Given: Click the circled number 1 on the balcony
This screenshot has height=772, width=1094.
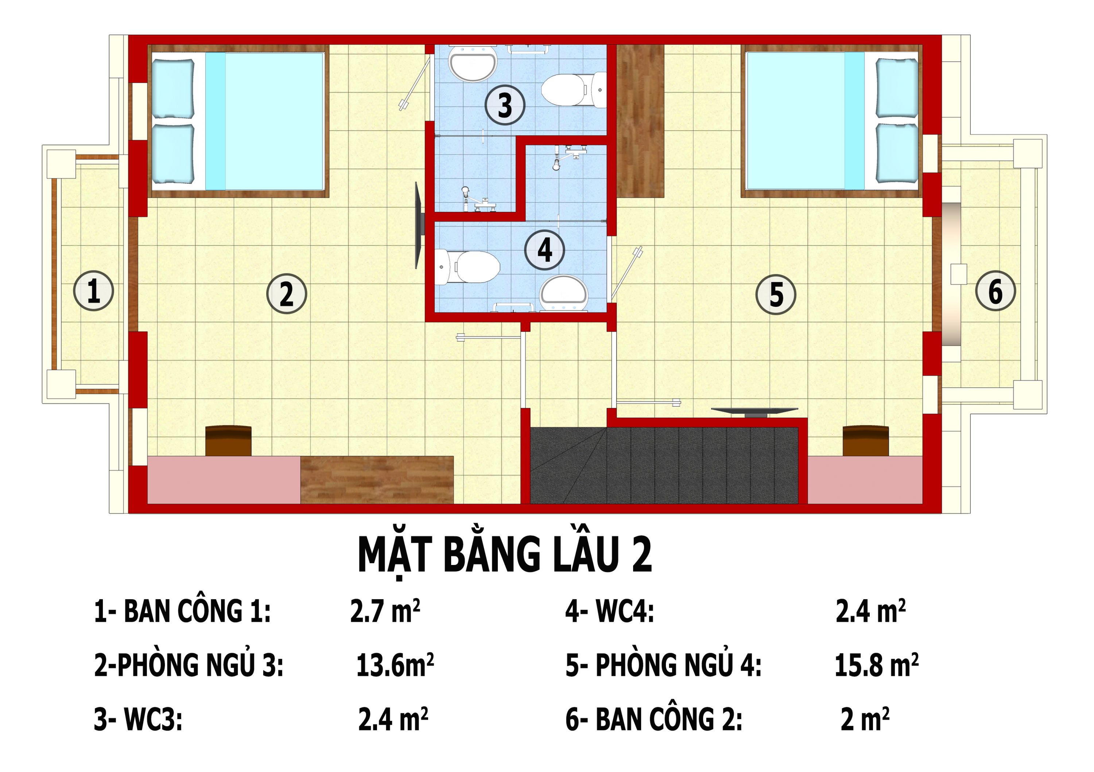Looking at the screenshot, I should pyautogui.click(x=93, y=291).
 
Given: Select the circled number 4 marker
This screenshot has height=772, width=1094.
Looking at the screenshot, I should pyautogui.click(x=544, y=250).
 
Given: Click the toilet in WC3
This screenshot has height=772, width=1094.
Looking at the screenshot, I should pyautogui.click(x=569, y=90).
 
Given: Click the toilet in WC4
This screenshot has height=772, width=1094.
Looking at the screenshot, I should pyautogui.click(x=469, y=267).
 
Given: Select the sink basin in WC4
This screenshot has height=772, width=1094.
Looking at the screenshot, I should pyautogui.click(x=564, y=292).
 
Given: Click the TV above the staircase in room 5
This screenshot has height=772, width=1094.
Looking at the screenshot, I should pyautogui.click(x=754, y=412).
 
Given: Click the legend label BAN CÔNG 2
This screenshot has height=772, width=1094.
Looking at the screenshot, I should pyautogui.click(x=654, y=719).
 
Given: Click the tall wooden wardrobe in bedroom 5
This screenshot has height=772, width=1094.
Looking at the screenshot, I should pyautogui.click(x=640, y=121).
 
